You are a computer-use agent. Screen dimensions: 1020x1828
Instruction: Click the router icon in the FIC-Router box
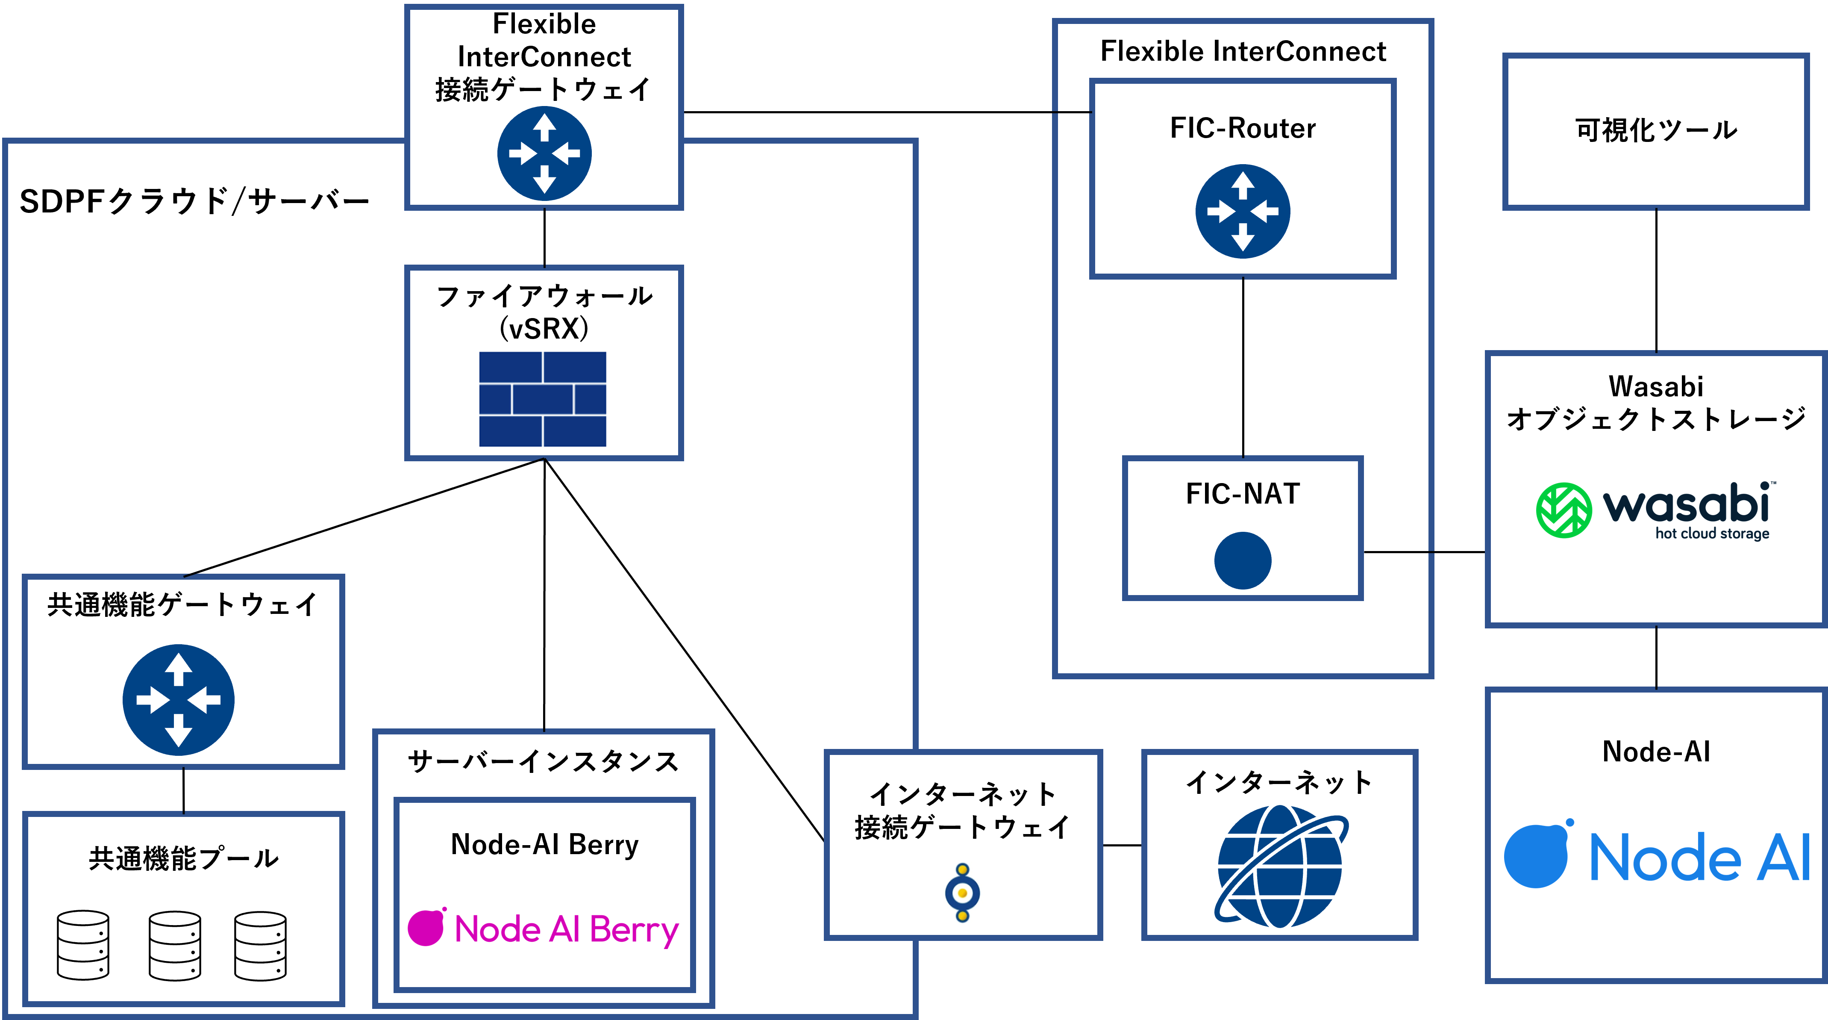click(1243, 212)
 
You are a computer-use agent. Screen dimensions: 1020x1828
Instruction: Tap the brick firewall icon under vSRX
click(543, 399)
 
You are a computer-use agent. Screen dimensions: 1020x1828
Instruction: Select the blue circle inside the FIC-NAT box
click(1243, 560)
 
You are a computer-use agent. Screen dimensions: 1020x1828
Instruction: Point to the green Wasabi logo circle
click(1563, 510)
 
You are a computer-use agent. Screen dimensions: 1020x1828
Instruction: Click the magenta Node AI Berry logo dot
click(426, 928)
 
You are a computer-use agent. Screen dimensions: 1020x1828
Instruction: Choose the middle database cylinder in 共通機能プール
click(175, 946)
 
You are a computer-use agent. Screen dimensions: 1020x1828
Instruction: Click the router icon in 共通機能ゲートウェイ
click(178, 700)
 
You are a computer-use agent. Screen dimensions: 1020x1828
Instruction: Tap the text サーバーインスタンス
click(544, 762)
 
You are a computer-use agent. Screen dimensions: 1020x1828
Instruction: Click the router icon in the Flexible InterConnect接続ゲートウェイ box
click(544, 153)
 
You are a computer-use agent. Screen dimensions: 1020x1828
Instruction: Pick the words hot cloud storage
click(1712, 534)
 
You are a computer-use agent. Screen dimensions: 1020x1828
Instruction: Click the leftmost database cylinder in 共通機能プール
click(83, 946)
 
